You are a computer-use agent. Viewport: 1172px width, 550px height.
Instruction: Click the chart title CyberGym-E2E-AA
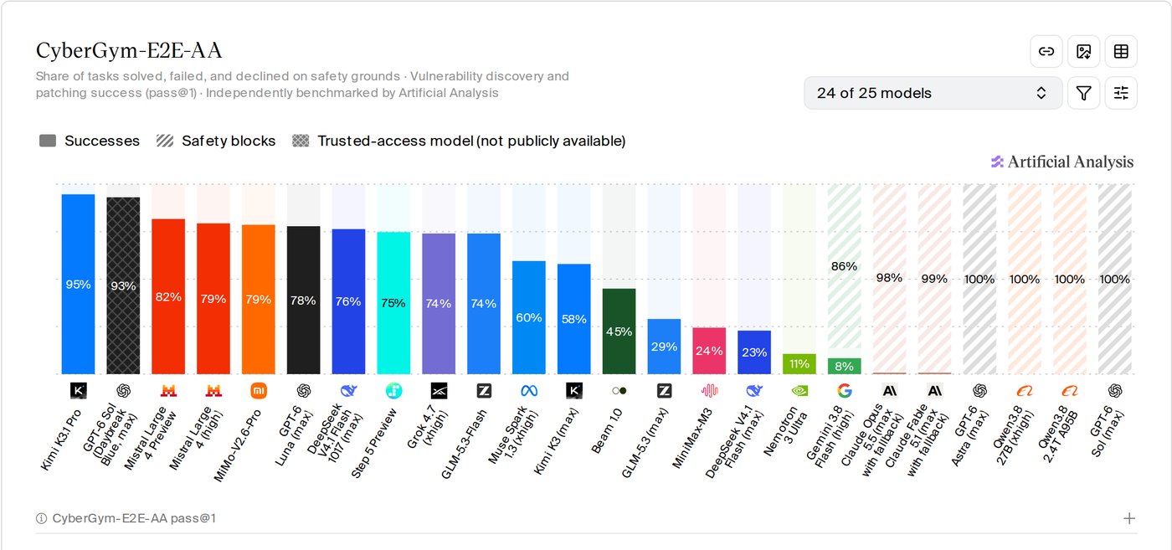(129, 51)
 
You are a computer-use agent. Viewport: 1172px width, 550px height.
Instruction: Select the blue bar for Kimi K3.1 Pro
(78, 284)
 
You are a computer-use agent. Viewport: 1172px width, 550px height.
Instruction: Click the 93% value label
(123, 285)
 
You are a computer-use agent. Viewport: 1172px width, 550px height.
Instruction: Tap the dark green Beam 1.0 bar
(619, 332)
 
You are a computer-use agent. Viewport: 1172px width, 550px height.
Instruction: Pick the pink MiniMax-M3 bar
(709, 351)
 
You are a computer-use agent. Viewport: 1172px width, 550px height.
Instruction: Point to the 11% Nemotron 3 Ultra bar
(799, 363)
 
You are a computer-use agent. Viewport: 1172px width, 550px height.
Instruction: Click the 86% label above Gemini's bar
(844, 266)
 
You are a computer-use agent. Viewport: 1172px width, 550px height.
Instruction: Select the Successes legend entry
(90, 141)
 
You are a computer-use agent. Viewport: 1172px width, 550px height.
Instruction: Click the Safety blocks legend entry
(216, 141)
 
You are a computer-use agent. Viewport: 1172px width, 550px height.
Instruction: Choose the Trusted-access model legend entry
(459, 141)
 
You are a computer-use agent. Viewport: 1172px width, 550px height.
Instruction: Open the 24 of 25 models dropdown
(933, 93)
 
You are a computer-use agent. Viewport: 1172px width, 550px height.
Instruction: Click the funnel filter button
(1083, 93)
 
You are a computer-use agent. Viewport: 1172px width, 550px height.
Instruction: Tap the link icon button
(1046, 51)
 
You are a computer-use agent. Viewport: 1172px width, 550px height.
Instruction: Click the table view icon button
(1121, 51)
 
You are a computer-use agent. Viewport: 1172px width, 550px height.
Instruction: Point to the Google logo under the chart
(845, 390)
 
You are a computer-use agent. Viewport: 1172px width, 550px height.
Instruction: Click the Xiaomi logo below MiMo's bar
(259, 390)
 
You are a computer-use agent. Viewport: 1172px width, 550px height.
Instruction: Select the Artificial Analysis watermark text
(1071, 162)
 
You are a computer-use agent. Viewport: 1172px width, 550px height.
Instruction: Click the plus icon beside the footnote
(1129, 518)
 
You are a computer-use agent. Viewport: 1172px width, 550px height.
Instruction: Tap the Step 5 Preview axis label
(374, 443)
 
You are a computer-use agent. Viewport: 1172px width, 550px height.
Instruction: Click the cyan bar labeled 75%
(393, 303)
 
